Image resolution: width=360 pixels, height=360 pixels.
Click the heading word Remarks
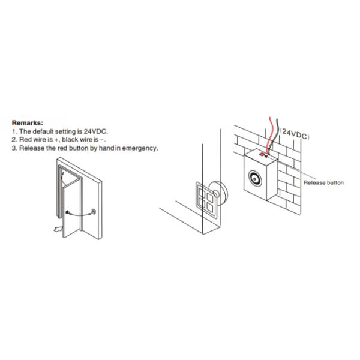pyautogui.click(x=27, y=122)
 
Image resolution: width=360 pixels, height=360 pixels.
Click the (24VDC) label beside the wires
pyautogui.click(x=293, y=136)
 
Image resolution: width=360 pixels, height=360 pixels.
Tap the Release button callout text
pyautogui.click(x=324, y=182)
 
